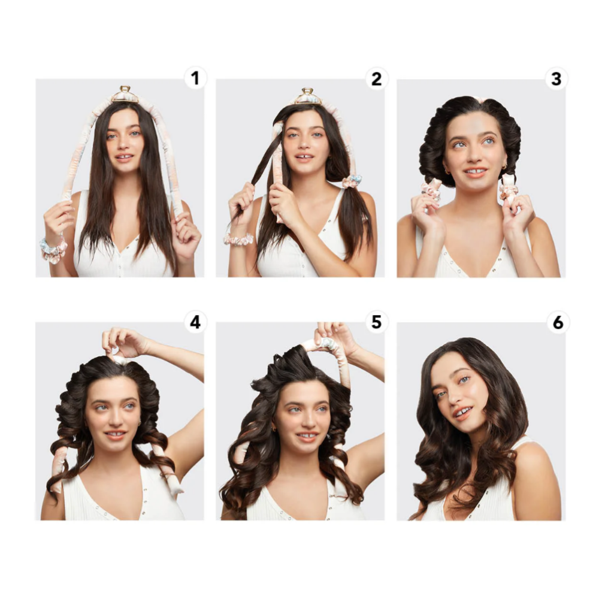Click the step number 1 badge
195,78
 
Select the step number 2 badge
376,78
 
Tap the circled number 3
556,78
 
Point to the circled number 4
195,322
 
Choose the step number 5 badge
376,322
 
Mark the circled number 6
558,322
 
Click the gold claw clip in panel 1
125,95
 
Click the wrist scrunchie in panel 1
53,250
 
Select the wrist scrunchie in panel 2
238,239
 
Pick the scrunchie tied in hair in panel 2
352,181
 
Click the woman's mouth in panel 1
124,158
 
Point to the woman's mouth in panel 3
475,173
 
